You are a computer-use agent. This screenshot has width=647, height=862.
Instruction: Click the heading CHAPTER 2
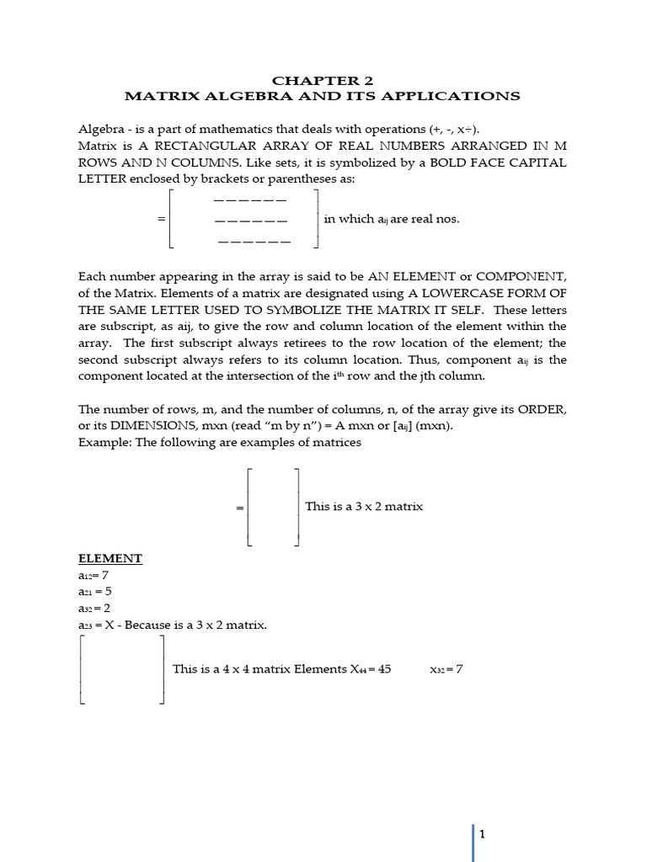click(323, 81)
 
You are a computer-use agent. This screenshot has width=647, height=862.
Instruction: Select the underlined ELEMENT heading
click(110, 559)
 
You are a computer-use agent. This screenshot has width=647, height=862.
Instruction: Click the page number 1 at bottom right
click(483, 834)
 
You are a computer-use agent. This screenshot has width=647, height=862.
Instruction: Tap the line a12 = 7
click(94, 576)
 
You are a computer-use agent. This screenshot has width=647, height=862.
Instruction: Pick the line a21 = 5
click(95, 592)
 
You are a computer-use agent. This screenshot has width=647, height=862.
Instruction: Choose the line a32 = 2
click(95, 609)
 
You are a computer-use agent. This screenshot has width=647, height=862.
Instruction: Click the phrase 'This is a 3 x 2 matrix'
click(364, 507)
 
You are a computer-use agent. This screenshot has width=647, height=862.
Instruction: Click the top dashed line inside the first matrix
click(250, 200)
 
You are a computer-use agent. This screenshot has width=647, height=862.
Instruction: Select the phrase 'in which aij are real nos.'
click(392, 219)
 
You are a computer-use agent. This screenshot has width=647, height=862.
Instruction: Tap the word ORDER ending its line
click(543, 409)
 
